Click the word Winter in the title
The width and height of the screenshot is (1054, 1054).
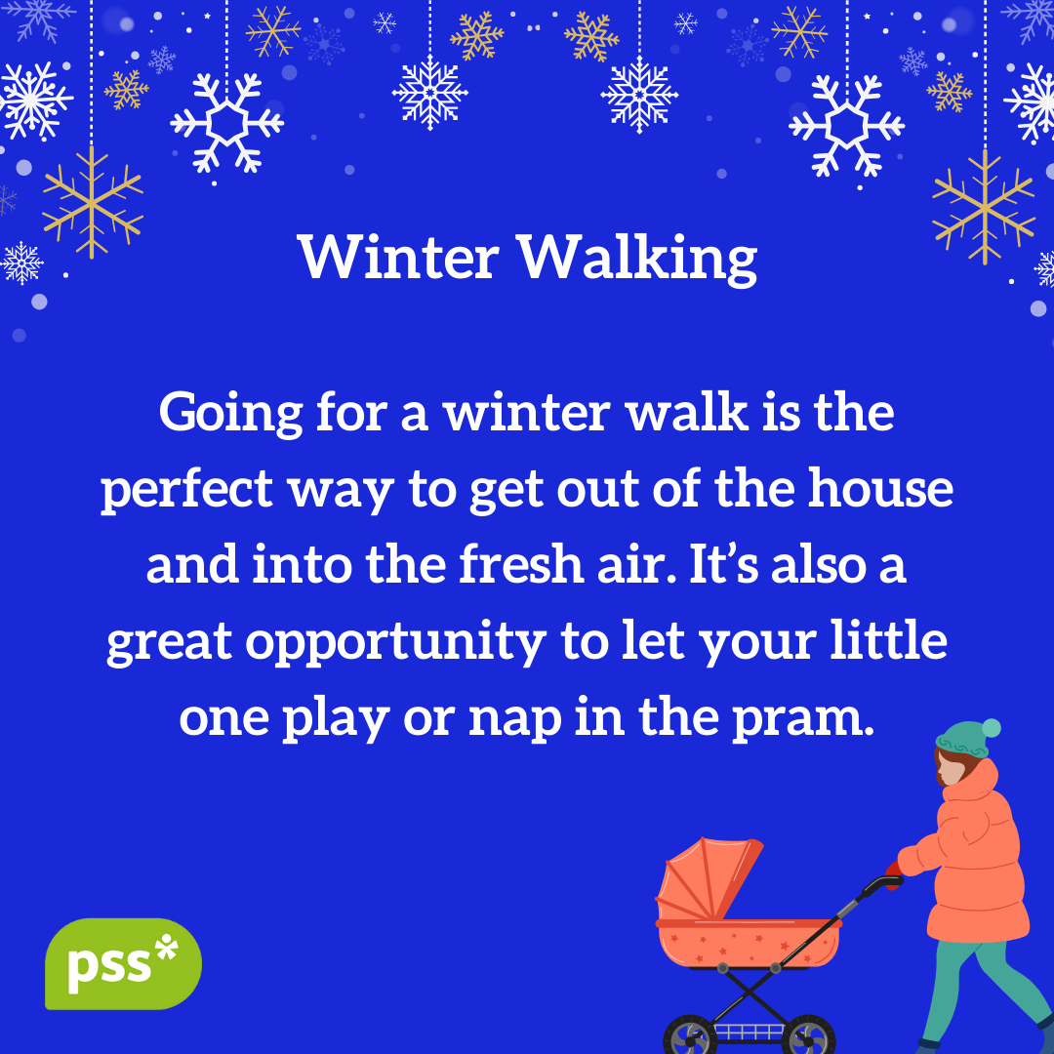(399, 258)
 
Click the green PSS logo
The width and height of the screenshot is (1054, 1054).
(123, 963)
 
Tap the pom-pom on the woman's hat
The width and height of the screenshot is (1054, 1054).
(991, 728)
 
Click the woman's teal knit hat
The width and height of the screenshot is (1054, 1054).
(963, 740)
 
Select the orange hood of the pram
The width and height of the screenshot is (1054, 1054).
(706, 878)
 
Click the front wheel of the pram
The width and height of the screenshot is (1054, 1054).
(690, 1035)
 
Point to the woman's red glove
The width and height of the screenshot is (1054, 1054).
(893, 874)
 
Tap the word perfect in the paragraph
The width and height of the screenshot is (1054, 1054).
(186, 490)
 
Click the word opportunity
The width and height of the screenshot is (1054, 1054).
(395, 642)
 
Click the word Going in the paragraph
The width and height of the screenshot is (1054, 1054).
(230, 414)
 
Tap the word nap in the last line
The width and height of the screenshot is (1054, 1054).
(515, 720)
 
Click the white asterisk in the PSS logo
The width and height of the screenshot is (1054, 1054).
(167, 947)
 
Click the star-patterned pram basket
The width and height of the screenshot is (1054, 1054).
(749, 944)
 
